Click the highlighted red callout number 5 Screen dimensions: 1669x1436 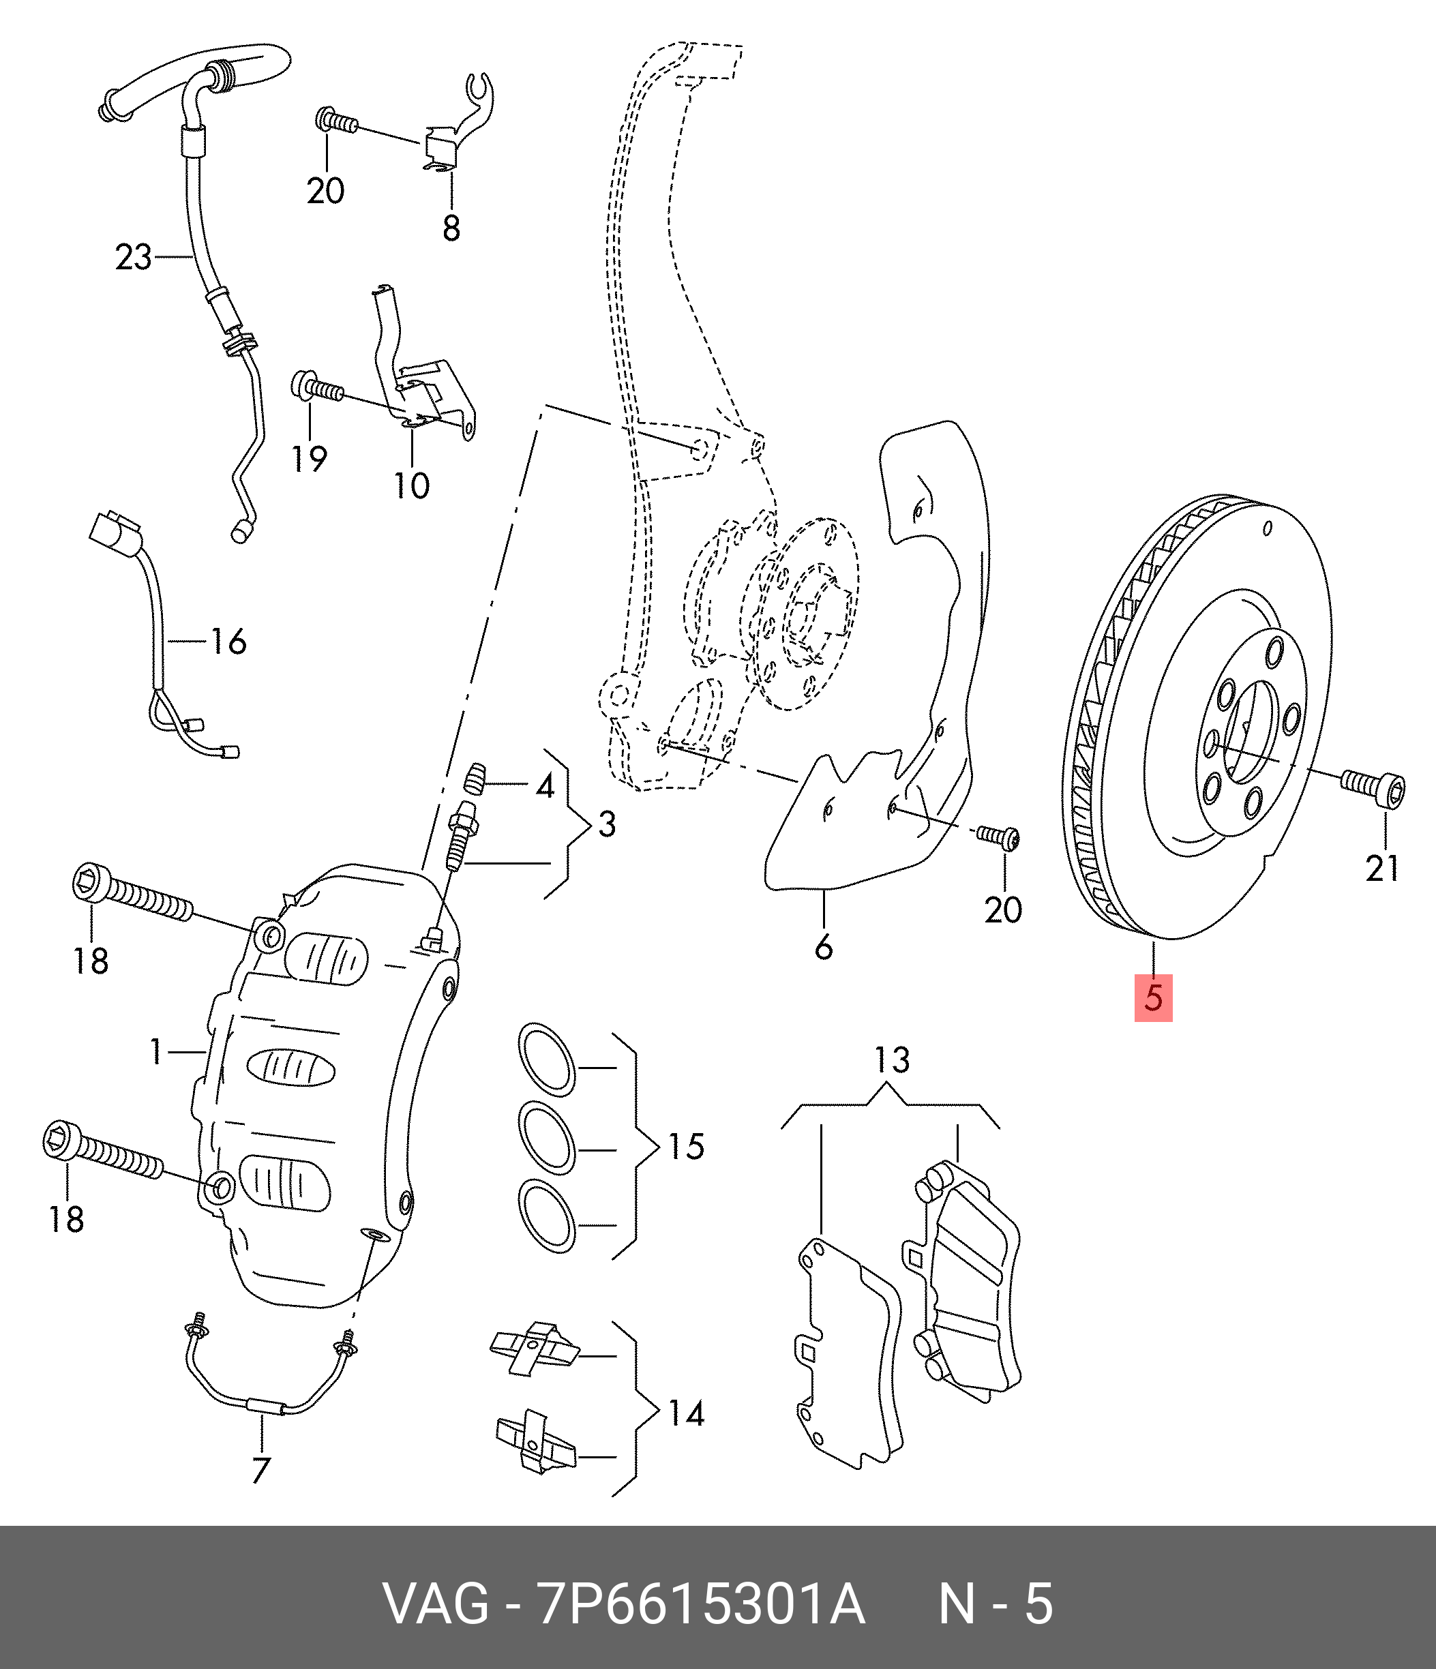[1153, 999]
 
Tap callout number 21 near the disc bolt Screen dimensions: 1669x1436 [1382, 867]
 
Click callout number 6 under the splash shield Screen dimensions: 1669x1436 [823, 947]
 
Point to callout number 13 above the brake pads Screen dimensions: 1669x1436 [892, 1060]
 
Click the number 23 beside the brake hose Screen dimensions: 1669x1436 [133, 258]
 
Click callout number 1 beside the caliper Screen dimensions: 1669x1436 [157, 1051]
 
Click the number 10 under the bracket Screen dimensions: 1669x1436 [412, 485]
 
